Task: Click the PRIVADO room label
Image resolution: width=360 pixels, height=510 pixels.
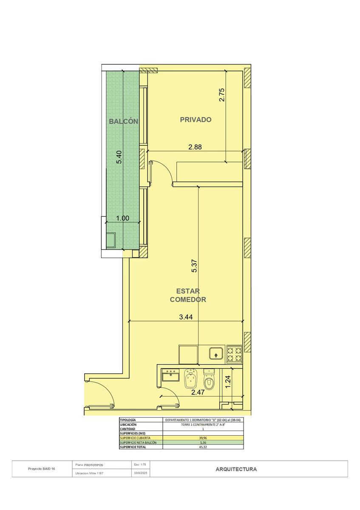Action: pos(196,119)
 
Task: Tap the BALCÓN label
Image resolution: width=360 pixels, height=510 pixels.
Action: pos(123,122)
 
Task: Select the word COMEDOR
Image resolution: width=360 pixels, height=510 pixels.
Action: pos(188,299)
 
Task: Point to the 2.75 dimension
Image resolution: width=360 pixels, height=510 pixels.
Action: pos(222,95)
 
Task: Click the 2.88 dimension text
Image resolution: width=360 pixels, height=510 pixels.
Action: pos(195,147)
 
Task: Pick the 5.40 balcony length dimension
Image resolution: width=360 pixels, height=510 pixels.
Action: pos(119,157)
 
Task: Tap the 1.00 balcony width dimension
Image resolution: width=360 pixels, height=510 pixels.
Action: pos(122,218)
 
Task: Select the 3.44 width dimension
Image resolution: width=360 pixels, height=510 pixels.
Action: pos(186,317)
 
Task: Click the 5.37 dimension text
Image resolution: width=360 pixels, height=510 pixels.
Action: pos(195,266)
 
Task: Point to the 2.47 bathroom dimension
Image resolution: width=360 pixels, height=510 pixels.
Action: pos(198,392)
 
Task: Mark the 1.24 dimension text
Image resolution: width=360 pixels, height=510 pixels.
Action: pos(228,382)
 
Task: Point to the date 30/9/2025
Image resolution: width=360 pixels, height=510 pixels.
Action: pos(141,473)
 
